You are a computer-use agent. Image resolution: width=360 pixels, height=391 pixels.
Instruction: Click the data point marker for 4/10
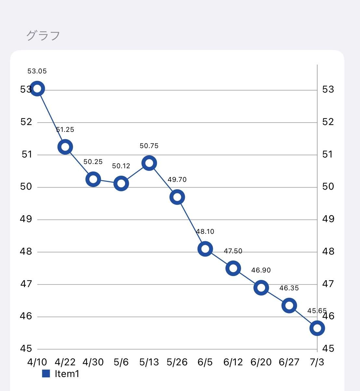point(37,89)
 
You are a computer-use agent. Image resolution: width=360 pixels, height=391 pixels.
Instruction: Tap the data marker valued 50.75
point(149,163)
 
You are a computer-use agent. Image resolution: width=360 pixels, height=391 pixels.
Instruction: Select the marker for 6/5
point(205,249)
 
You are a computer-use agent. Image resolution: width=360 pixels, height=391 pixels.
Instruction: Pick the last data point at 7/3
point(317,328)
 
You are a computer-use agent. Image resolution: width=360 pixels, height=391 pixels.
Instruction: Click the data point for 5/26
point(177,197)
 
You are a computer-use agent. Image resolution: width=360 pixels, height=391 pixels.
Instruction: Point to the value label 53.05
point(37,71)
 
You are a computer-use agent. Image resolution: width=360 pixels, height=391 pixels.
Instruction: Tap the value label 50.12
point(121,166)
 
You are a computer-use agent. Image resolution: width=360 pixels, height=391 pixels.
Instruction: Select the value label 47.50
point(233,251)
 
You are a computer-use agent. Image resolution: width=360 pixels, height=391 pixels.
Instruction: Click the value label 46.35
point(289,288)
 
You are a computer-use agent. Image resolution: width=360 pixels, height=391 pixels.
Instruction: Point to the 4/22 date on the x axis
point(65,362)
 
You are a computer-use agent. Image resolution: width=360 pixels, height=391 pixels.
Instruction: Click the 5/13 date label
point(149,362)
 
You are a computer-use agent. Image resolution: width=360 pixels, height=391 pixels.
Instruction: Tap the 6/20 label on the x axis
point(261,362)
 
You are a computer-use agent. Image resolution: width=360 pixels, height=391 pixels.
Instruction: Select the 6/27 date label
point(289,362)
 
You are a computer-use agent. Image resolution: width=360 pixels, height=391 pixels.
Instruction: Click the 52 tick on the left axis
point(26,122)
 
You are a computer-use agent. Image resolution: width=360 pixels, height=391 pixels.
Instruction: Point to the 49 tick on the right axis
point(328,219)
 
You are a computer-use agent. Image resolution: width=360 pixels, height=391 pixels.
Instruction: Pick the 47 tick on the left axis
point(26,284)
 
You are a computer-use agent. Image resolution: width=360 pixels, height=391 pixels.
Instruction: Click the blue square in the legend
point(46,374)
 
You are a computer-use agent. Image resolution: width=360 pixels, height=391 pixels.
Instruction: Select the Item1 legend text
point(67,374)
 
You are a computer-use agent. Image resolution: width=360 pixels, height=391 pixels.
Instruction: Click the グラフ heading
point(43,35)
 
